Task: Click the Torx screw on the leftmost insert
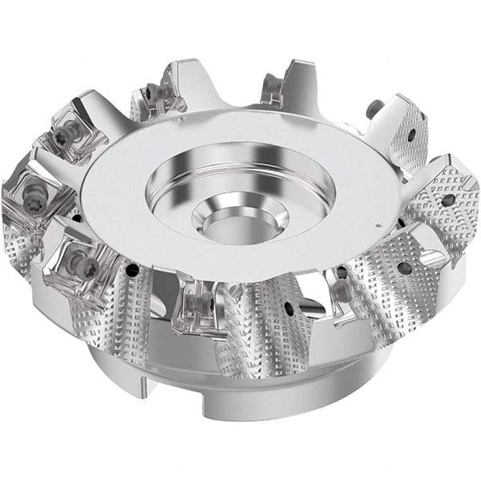(34, 192)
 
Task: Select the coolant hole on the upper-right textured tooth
(411, 135)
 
